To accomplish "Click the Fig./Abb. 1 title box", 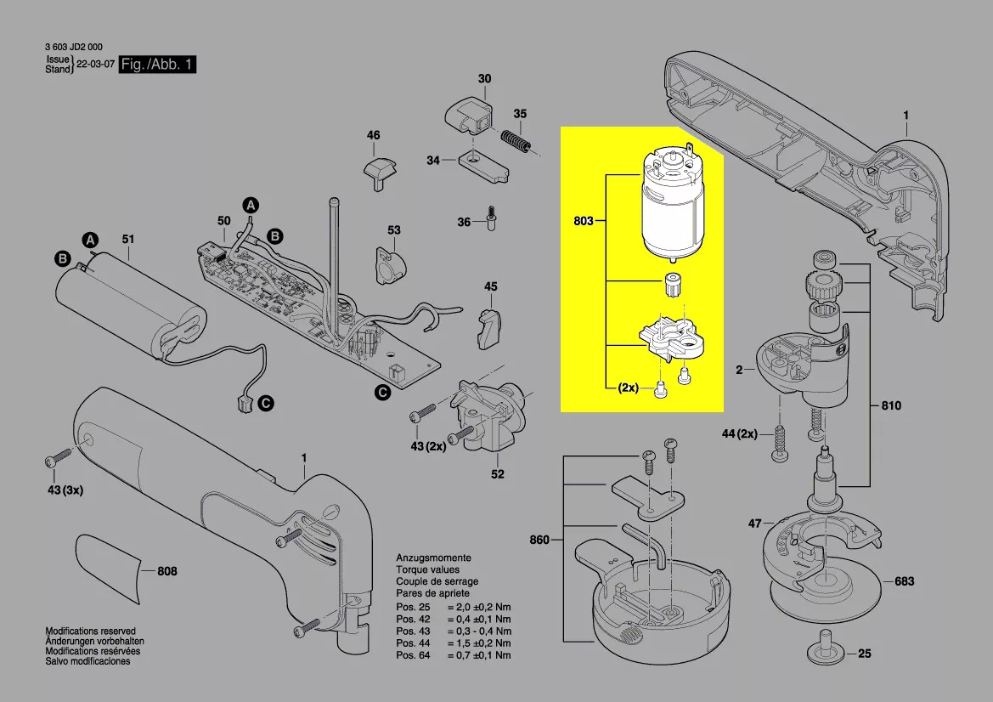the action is point(157,64).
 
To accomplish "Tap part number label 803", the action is point(584,220).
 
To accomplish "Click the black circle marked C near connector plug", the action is point(266,403).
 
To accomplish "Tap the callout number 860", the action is point(539,540).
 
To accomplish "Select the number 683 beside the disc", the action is point(904,581).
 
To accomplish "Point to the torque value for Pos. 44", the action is point(479,643).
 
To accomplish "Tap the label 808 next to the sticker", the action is point(167,571).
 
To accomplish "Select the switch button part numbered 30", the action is point(469,115).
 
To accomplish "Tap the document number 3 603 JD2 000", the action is point(73,47).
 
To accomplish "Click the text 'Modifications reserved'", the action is point(91,631).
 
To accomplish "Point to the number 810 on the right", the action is point(891,405).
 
